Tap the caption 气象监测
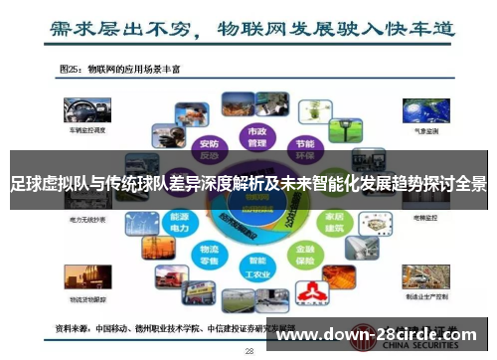pyautogui.click(x=424, y=129)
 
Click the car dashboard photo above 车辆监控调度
pyautogui.click(x=80, y=110)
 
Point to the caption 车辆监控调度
pyautogui.click(x=80, y=129)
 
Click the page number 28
pyautogui.click(x=249, y=351)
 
